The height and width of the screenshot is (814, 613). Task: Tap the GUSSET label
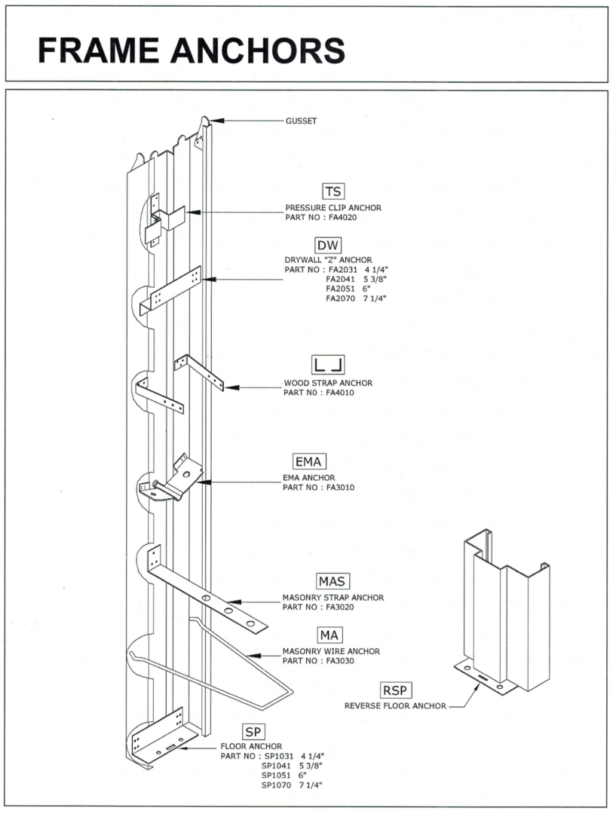302,121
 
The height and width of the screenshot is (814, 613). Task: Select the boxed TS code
333,191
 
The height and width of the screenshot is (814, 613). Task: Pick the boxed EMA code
310,461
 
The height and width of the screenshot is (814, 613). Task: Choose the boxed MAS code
332,581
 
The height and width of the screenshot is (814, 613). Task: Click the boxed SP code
253,731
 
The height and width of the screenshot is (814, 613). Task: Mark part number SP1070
275,785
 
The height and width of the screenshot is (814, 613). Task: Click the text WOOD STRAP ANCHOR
328,383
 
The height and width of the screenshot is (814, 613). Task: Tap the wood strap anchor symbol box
328,366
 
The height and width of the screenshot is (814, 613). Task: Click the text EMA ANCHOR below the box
309,478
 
